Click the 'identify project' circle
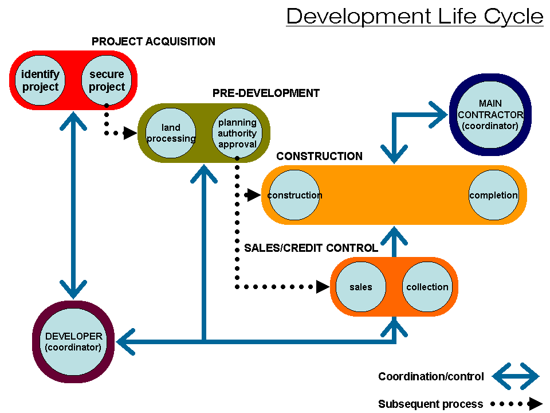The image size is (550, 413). (x=41, y=80)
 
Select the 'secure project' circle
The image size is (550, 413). (x=107, y=80)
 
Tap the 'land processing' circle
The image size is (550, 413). (x=171, y=133)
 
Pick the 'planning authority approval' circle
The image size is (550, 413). (x=237, y=133)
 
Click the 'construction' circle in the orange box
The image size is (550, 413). (x=294, y=195)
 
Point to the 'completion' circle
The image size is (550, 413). (x=493, y=195)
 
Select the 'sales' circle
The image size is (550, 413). (x=361, y=287)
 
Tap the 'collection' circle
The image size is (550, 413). (x=427, y=287)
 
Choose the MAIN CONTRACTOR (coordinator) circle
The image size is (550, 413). (x=490, y=115)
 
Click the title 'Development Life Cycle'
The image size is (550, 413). (x=415, y=16)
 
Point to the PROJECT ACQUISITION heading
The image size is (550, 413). (x=154, y=42)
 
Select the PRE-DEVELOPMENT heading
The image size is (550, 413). (x=266, y=93)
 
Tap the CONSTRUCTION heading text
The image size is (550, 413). (x=319, y=157)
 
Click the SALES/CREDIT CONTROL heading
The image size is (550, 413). (x=311, y=248)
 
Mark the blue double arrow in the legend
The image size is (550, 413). (x=516, y=377)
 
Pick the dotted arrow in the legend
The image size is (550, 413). (x=516, y=404)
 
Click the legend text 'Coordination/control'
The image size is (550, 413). (x=431, y=377)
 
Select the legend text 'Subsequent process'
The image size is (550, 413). (x=430, y=404)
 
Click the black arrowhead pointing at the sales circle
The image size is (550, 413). (x=323, y=287)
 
